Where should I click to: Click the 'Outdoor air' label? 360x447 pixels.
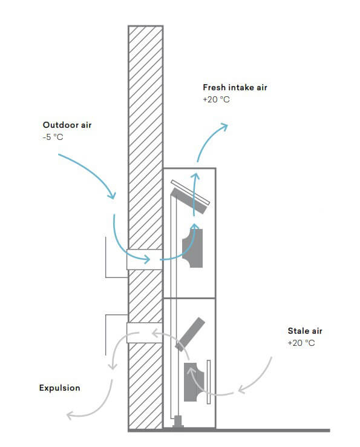point(67,125)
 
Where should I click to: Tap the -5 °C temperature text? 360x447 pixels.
point(53,137)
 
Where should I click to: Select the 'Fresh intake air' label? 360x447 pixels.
point(235,87)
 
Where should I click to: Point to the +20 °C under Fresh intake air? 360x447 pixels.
point(216,99)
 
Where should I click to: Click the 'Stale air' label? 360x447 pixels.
point(305,331)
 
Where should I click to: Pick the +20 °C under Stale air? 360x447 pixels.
point(301,343)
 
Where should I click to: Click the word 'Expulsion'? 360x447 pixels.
point(59,388)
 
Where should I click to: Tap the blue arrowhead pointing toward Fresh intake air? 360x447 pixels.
point(224,127)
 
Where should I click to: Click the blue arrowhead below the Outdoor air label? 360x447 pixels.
point(112,195)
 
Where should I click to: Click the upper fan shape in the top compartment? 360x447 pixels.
point(193,248)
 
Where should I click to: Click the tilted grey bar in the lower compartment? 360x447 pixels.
point(190,334)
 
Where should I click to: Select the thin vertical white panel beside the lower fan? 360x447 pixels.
point(209,382)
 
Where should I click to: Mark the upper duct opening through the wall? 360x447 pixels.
point(145,259)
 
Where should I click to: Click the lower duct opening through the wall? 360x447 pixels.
point(145,333)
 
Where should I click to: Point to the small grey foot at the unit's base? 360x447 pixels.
point(178,422)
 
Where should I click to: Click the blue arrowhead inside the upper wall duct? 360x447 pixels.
point(147,259)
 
